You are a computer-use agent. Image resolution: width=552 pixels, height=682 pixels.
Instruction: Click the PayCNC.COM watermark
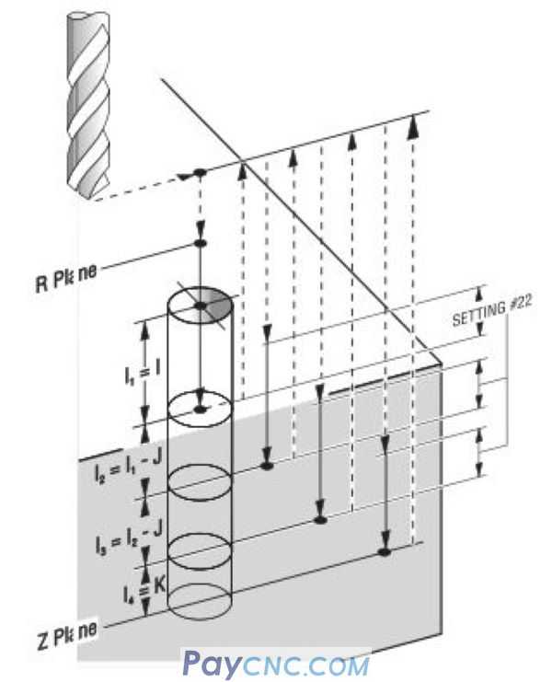pos(275,664)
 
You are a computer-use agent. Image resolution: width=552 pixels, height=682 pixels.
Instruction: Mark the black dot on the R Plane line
pos(201,243)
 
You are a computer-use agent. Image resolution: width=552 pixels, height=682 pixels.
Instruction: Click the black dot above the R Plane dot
pos(198,174)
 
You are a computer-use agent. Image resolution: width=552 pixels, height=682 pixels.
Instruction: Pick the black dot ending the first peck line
pos(267,468)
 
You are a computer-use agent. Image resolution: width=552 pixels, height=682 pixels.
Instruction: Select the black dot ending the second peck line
pos(321,520)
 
